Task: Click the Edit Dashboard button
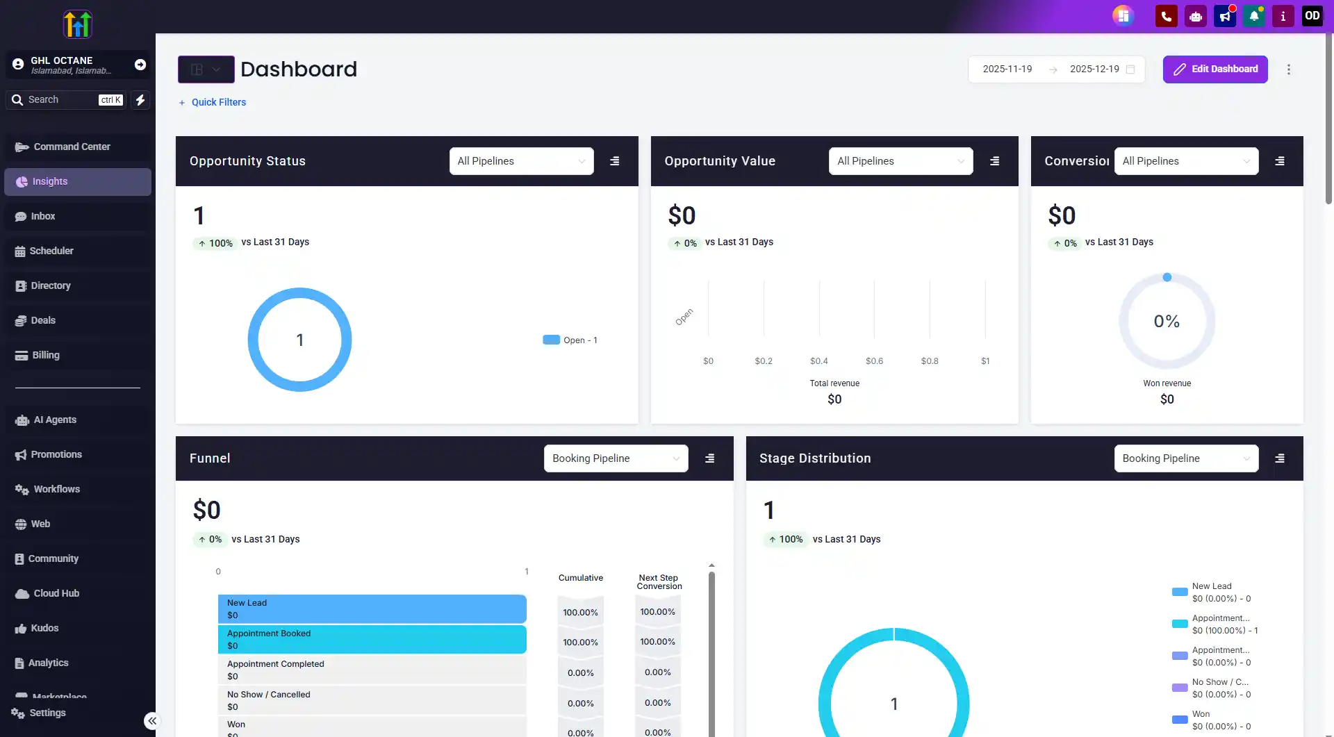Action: [1215, 69]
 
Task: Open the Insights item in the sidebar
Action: [78, 182]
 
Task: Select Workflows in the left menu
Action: [56, 489]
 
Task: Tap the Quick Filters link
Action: [218, 102]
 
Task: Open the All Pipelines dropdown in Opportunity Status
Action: [521, 161]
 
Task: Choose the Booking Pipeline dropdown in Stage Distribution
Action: [1186, 458]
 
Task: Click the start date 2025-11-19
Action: [1007, 69]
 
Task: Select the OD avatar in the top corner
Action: [1312, 16]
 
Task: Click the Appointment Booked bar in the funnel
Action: [372, 640]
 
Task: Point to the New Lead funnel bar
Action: [372, 609]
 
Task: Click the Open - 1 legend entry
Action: [570, 340]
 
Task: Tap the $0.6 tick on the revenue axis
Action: [874, 361]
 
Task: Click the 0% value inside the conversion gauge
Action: [1167, 322]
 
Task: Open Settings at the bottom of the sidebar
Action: [47, 713]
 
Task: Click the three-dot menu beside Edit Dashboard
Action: [1289, 69]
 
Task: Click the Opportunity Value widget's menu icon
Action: [994, 161]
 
